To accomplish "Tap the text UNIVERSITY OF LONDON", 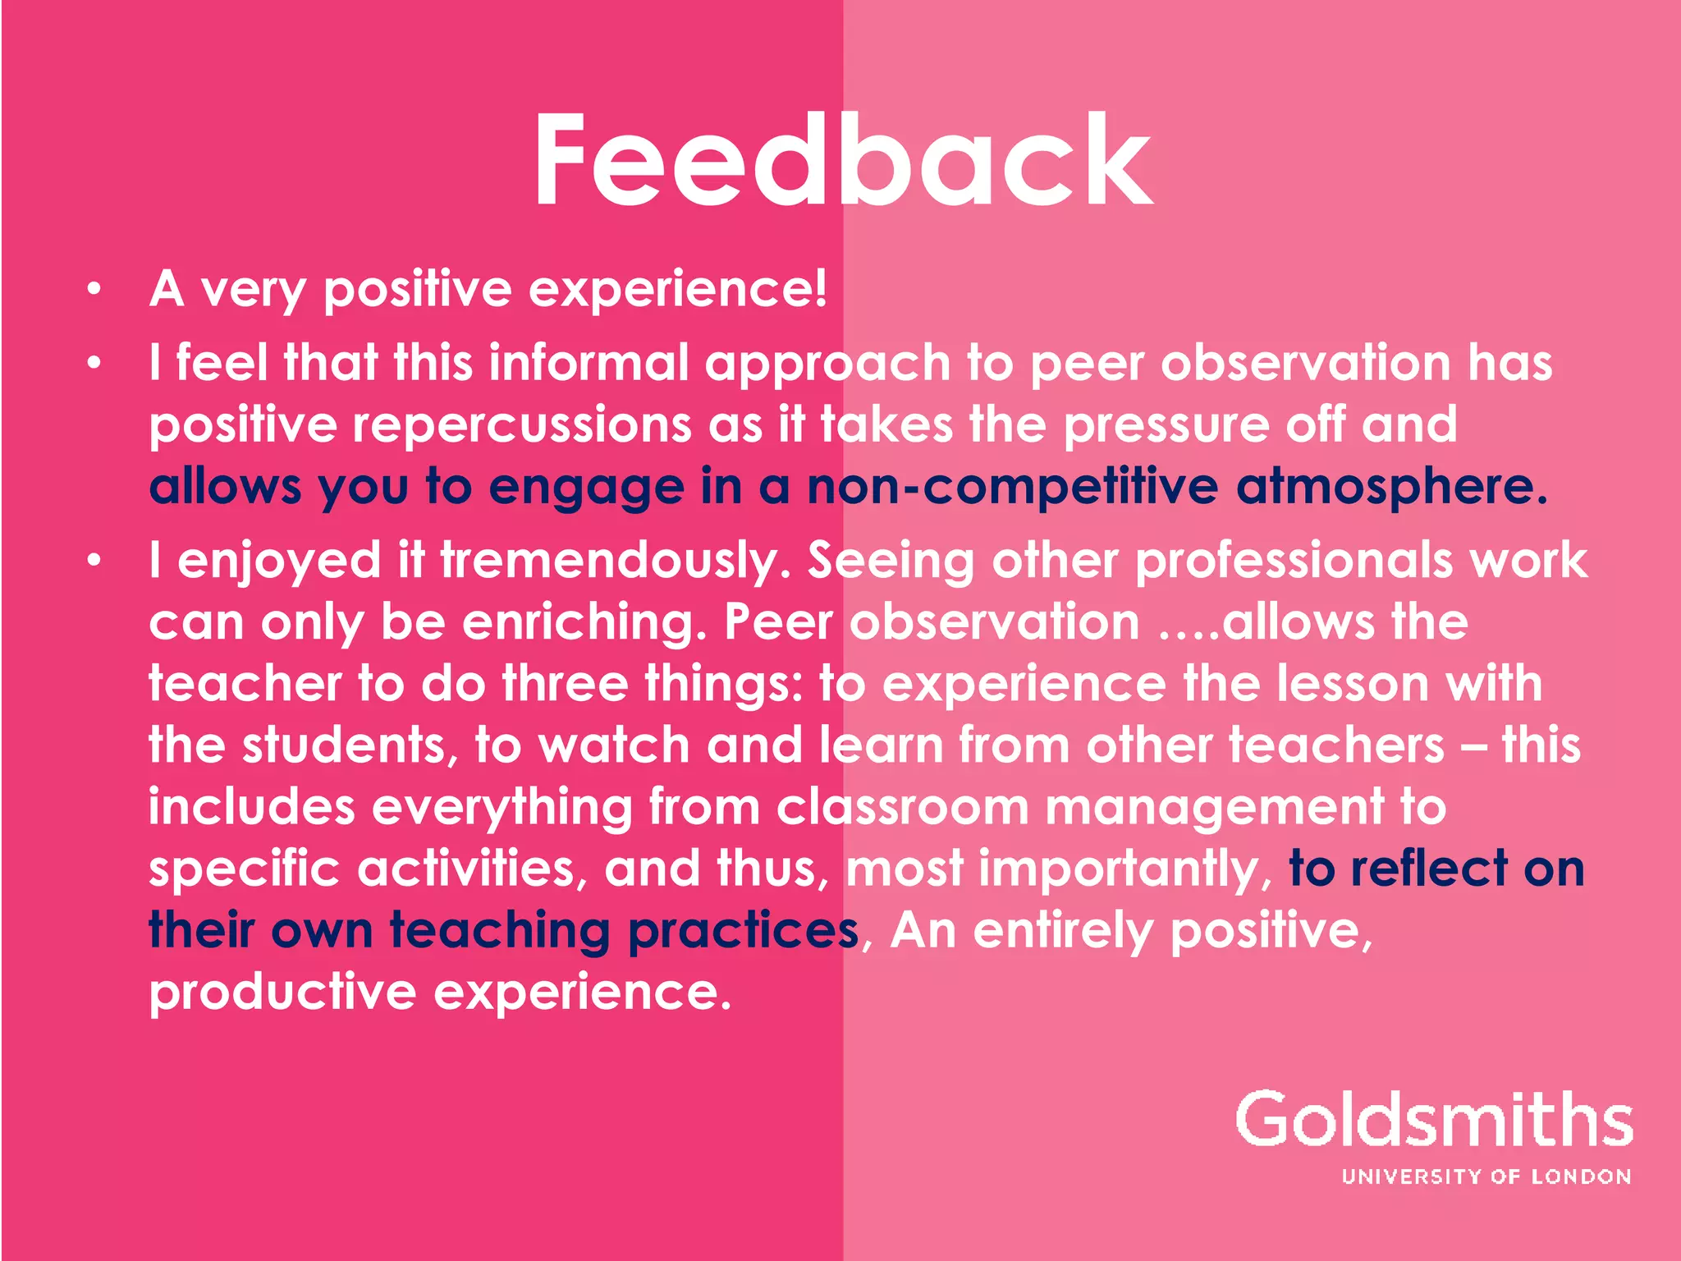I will (1486, 1176).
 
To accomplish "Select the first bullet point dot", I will (94, 288).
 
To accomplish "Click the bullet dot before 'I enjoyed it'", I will (94, 560).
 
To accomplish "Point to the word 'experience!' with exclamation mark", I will (677, 290).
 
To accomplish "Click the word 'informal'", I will (589, 363).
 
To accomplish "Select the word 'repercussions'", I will (522, 425).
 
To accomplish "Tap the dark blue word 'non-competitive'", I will (1013, 487).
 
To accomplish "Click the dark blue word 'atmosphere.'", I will (1392, 487).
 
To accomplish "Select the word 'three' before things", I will (565, 684).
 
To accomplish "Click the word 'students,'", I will (350, 745).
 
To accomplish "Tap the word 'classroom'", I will (903, 807).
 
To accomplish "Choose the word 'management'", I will (1215, 807).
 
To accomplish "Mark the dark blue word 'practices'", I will (744, 930).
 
